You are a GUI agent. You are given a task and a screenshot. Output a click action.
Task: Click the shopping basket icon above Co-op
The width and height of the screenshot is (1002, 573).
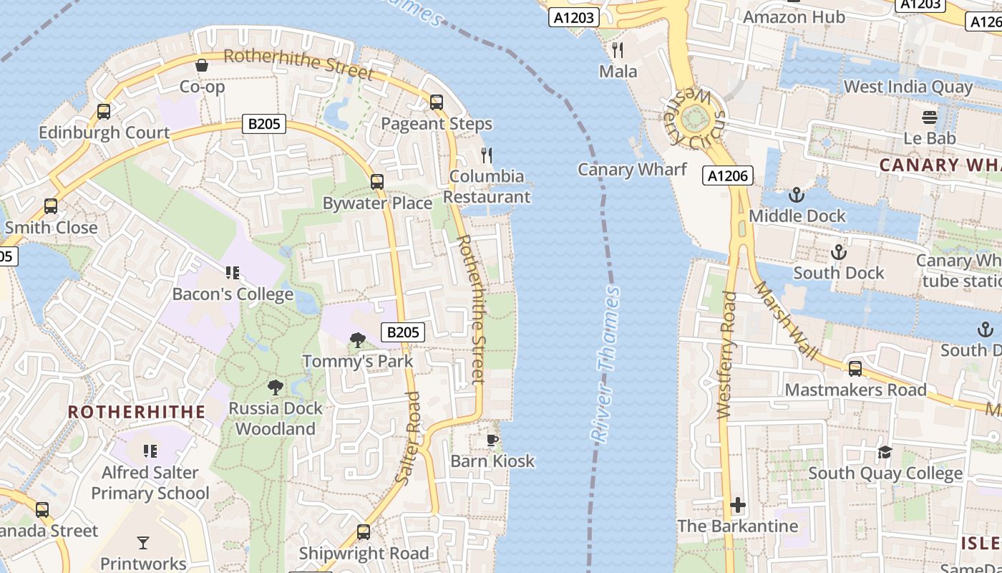coord(203,65)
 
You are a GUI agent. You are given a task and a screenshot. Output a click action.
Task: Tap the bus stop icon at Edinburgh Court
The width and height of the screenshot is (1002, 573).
coord(104,112)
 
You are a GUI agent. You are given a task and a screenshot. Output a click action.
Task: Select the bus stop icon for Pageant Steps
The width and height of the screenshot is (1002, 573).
coord(437,102)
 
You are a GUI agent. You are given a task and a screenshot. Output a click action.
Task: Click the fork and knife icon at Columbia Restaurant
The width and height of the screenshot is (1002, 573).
coord(487,155)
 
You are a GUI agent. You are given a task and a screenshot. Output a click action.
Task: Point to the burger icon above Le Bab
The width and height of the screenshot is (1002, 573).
coord(930,117)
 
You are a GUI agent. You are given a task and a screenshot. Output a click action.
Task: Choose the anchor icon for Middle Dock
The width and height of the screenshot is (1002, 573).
coord(796,195)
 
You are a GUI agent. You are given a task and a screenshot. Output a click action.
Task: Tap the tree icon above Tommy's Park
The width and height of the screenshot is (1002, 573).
coord(358,340)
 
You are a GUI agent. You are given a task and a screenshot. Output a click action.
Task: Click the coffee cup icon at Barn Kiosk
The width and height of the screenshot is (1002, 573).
coord(492,440)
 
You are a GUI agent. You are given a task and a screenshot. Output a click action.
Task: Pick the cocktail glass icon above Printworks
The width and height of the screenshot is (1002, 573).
coord(143,543)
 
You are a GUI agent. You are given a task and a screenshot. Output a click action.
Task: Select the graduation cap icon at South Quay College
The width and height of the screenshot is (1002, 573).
coord(885,452)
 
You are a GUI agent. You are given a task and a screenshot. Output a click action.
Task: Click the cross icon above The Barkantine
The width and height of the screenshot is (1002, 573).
coord(738,505)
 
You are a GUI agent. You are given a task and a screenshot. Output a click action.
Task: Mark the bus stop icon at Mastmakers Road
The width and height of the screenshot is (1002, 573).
coord(855,369)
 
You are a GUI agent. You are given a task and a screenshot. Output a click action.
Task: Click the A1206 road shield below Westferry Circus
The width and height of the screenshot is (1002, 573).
coord(728,175)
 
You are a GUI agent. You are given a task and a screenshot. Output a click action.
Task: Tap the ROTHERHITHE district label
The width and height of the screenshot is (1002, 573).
coord(137,412)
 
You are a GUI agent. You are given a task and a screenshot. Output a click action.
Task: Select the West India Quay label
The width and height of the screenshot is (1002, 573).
coord(908,87)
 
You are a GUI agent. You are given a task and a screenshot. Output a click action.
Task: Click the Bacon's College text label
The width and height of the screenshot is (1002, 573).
coord(233,294)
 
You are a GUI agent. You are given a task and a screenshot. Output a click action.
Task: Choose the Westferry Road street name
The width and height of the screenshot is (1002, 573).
coord(726,355)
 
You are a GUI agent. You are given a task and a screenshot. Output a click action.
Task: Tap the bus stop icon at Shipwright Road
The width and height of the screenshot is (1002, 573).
coord(364,532)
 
